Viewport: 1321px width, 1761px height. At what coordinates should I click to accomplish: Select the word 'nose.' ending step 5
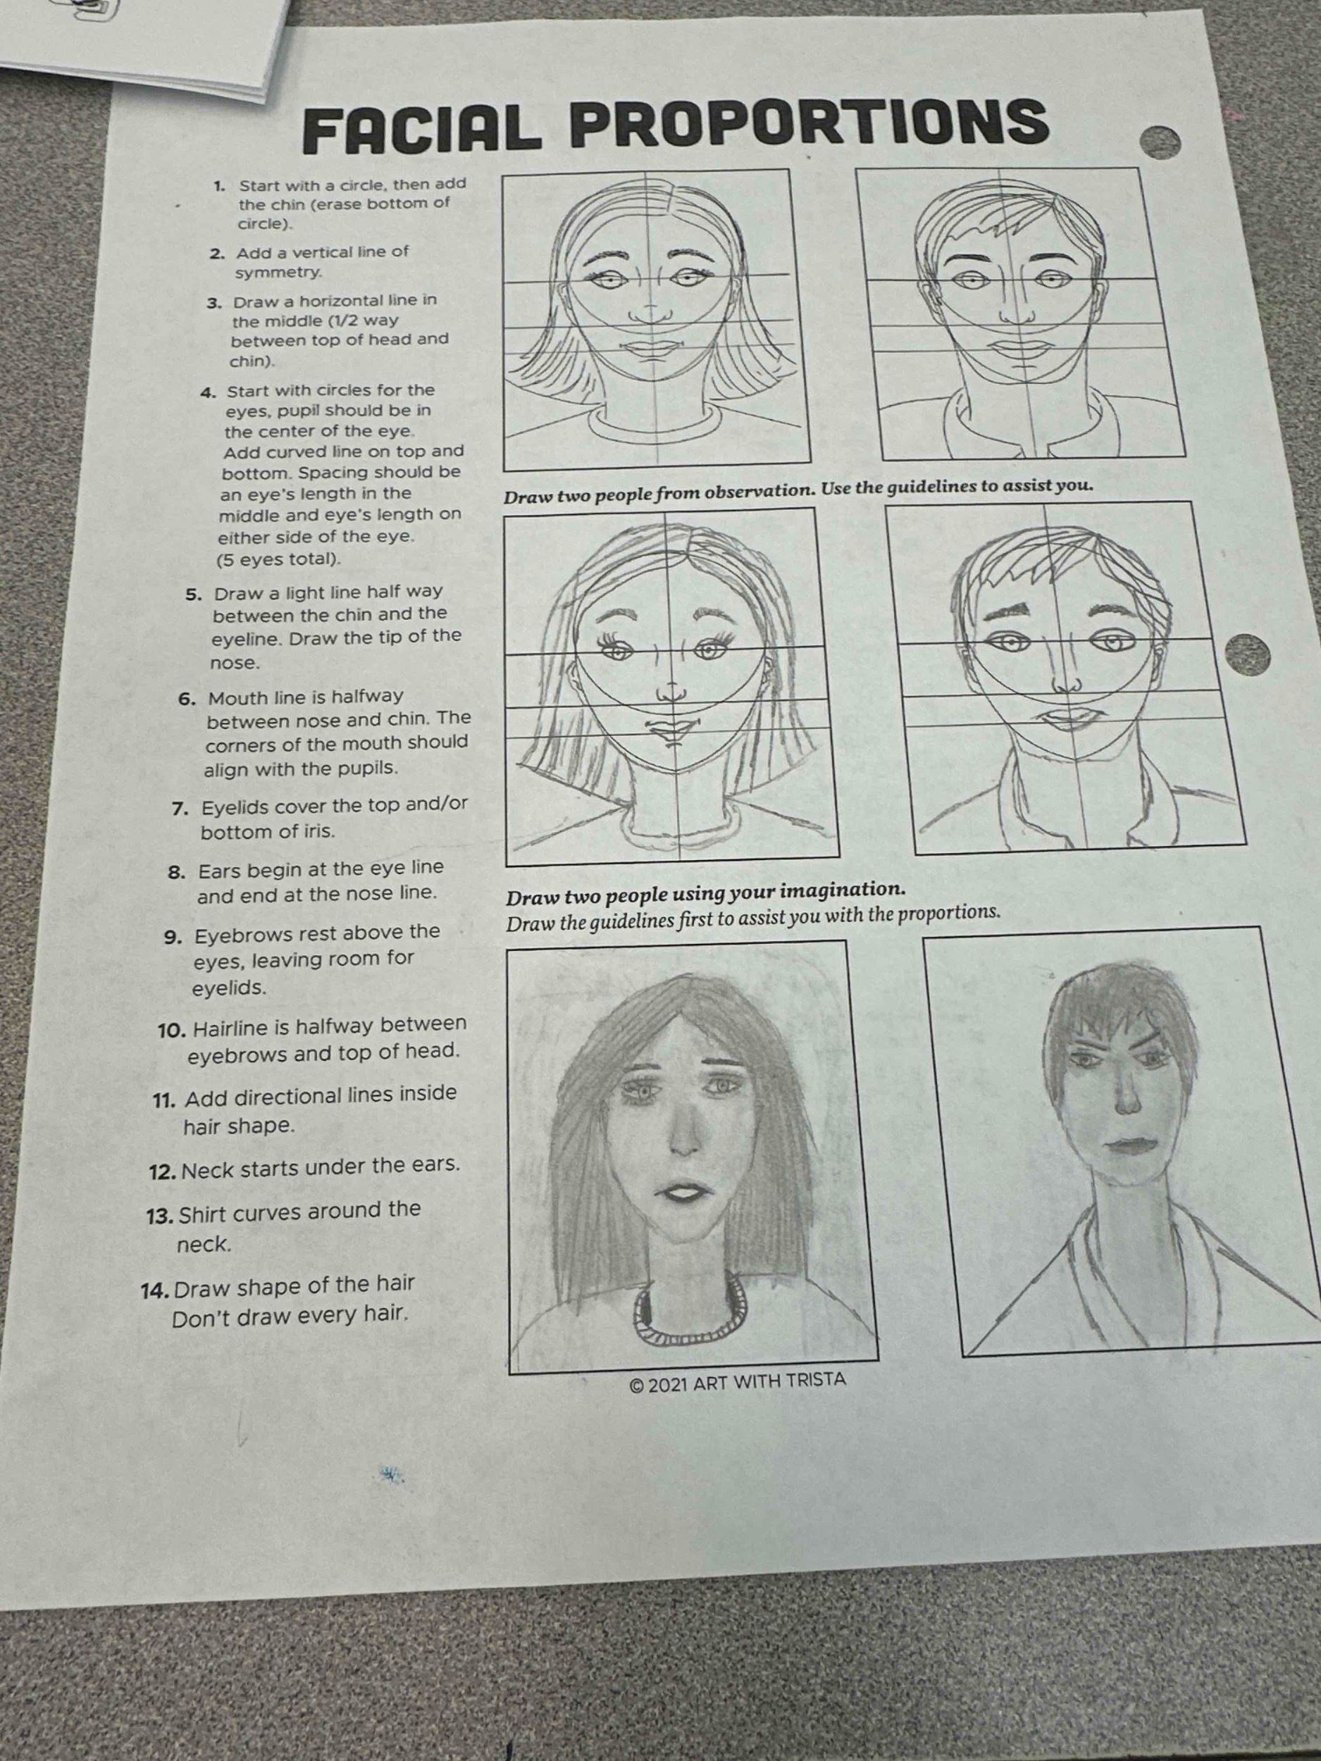235,662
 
